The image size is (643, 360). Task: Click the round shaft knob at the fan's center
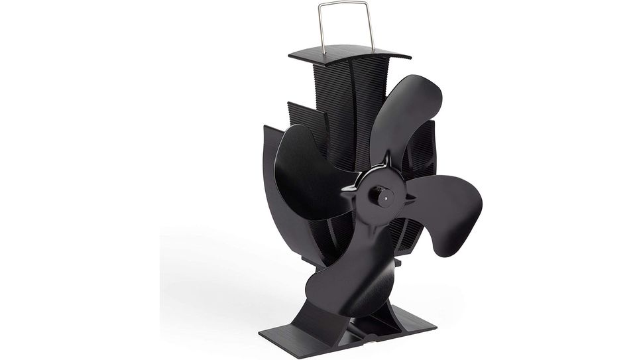(381, 195)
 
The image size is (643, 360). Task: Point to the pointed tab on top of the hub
(384, 158)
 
